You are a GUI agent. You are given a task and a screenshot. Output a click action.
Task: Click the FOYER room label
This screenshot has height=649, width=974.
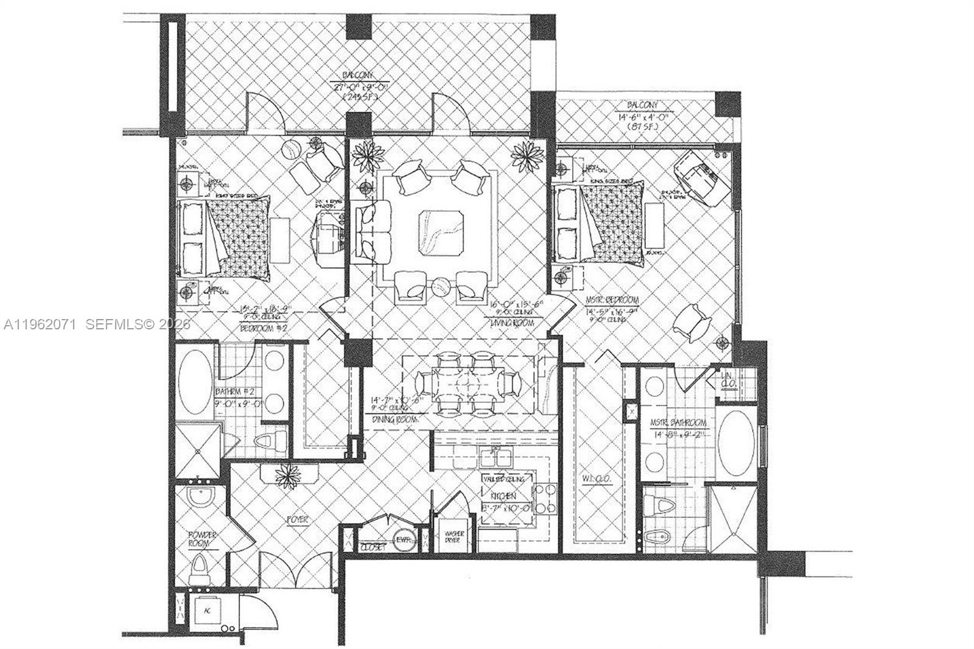(298, 520)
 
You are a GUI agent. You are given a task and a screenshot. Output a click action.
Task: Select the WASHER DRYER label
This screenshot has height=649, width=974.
(454, 536)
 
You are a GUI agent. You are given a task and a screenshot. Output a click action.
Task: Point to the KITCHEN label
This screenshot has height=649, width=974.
(498, 496)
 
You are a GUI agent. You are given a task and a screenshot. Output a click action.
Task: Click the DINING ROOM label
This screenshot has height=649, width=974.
(395, 419)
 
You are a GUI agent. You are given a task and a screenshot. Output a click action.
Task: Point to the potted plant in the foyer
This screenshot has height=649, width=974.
(287, 475)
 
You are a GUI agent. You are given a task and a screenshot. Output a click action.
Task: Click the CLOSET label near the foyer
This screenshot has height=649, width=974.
(373, 547)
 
